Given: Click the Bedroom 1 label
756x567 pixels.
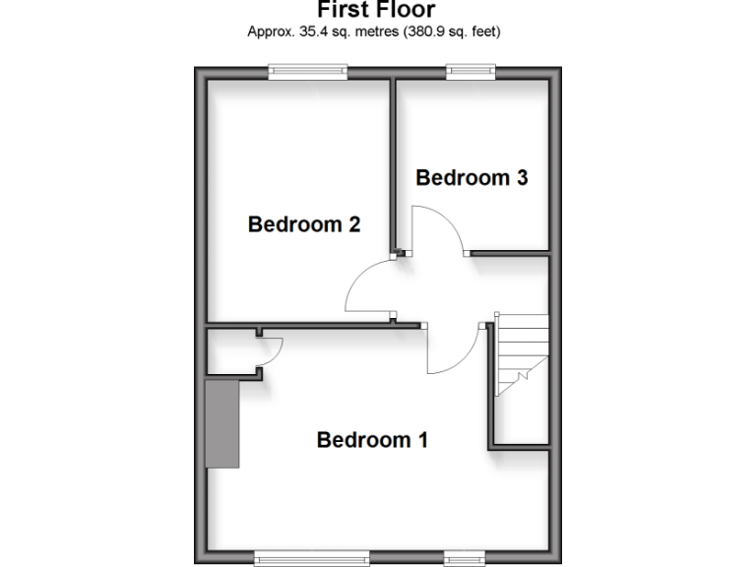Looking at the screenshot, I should coord(372,440).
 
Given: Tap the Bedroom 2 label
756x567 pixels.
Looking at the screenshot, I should coord(303,224).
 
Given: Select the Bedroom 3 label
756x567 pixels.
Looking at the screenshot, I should coord(472,178).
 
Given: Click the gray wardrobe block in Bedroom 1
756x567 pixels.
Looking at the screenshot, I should coord(221,422).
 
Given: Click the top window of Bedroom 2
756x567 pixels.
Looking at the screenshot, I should coord(308,69).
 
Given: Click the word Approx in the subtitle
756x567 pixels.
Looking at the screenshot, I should coord(269,31).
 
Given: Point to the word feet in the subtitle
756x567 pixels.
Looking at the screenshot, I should coord(483,31).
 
